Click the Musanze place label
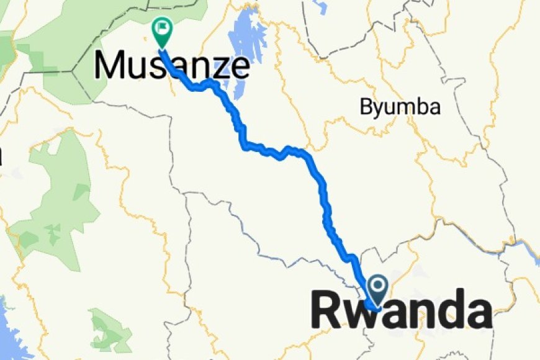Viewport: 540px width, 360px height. click(173, 65)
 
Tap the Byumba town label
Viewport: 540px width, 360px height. click(400, 107)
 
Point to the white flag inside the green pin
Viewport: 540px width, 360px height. click(162, 27)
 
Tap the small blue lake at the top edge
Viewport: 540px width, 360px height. click(320, 6)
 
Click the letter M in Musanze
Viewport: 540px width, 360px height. click(110, 65)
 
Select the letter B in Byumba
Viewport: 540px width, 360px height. click(366, 107)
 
